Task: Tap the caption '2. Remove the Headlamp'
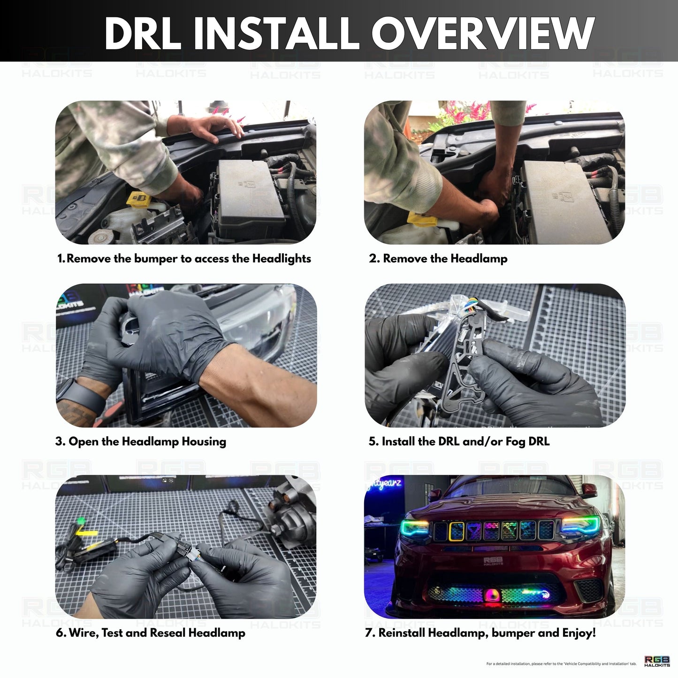[438, 259]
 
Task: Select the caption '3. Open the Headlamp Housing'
[140, 442]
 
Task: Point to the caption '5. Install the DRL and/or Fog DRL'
[458, 442]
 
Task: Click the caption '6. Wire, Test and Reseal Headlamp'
[150, 633]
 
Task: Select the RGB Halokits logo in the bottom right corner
[657, 661]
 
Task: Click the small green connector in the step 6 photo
[82, 520]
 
